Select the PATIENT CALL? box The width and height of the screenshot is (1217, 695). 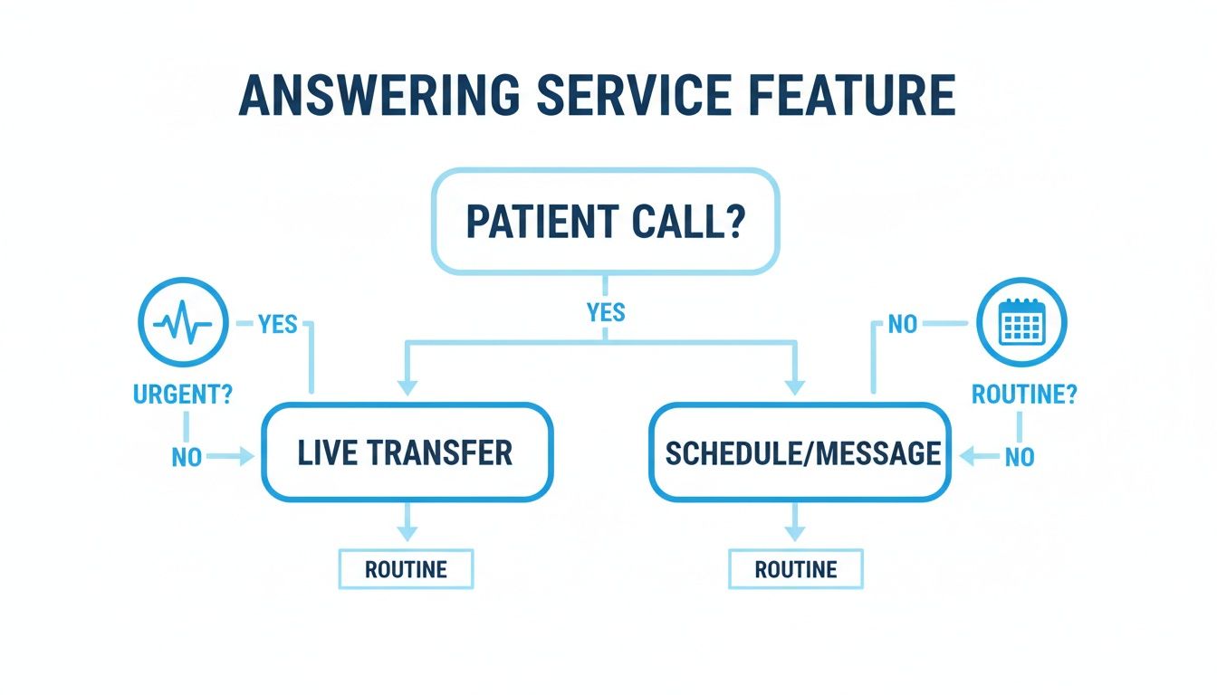pyautogui.click(x=605, y=221)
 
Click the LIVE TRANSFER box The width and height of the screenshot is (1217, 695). pyautogui.click(x=406, y=452)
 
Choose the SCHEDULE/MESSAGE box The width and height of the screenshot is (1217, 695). pyautogui.click(x=800, y=452)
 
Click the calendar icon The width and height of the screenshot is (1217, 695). pyautogui.click(x=1022, y=322)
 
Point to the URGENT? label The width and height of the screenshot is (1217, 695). pyautogui.click(x=181, y=395)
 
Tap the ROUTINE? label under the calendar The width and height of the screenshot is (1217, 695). pyautogui.click(x=1023, y=395)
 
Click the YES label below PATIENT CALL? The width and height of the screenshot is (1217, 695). pyautogui.click(x=605, y=313)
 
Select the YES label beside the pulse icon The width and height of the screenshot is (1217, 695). pyautogui.click(x=278, y=323)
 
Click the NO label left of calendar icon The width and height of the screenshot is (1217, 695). pyautogui.click(x=903, y=323)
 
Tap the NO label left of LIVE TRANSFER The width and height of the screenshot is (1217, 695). pyautogui.click(x=187, y=458)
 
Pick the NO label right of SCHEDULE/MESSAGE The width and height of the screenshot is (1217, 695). pyautogui.click(x=1020, y=458)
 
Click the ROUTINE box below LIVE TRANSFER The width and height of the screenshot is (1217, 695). pyautogui.click(x=406, y=569)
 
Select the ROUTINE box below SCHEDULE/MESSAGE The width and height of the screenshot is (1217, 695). pyautogui.click(x=796, y=569)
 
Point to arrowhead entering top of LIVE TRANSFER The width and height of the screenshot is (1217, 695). pyautogui.click(x=407, y=386)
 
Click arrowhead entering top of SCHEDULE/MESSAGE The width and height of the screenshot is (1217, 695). pyautogui.click(x=795, y=386)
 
